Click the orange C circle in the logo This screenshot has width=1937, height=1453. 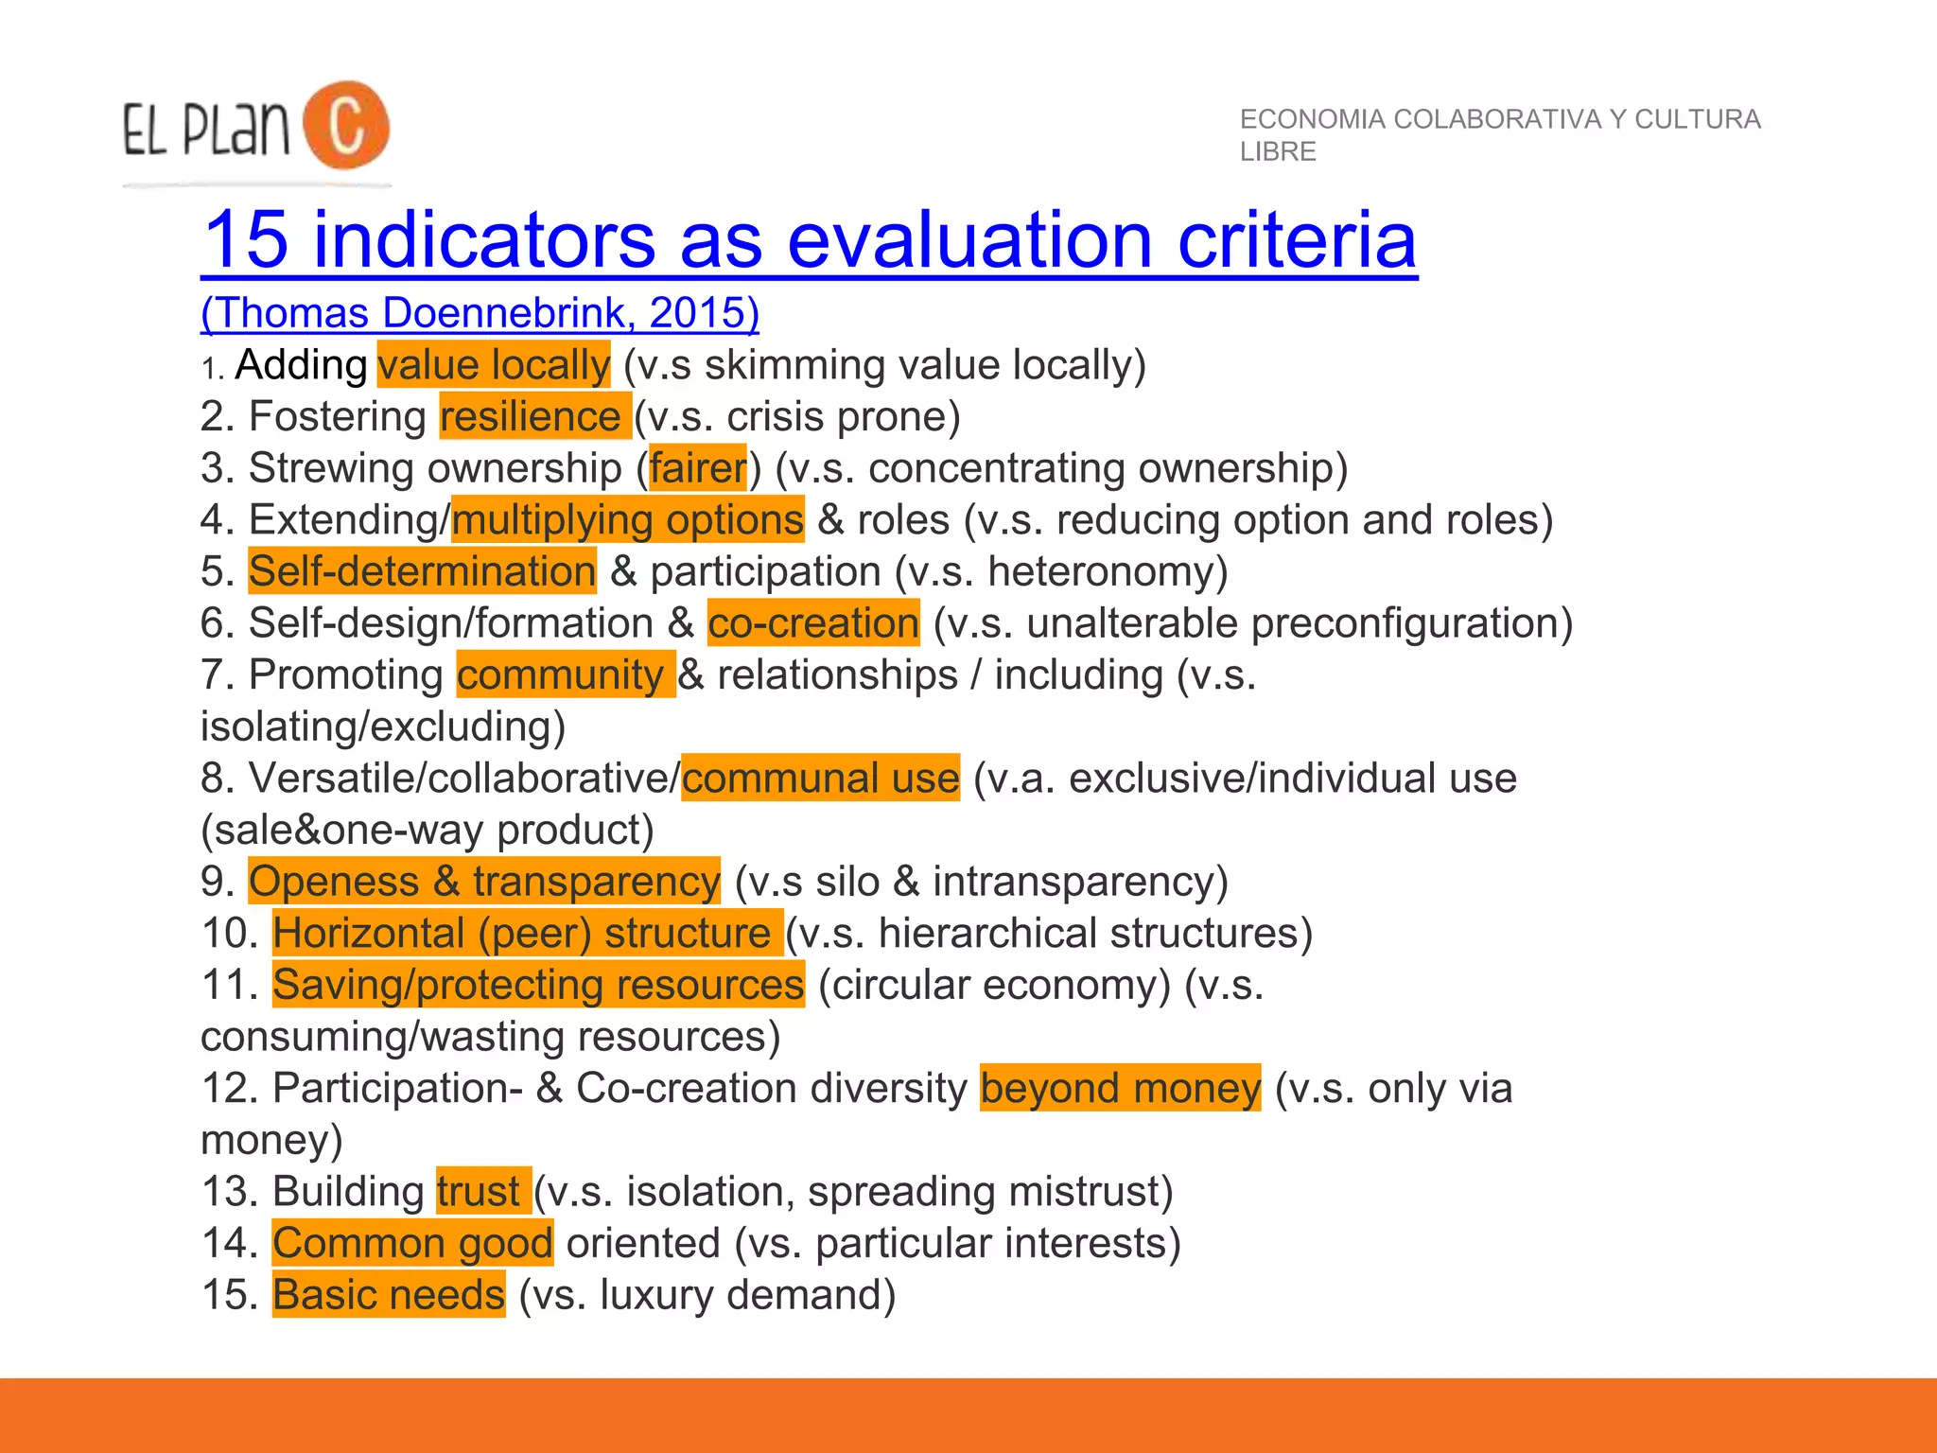[x=346, y=125]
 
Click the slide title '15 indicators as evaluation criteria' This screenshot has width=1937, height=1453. [x=809, y=240]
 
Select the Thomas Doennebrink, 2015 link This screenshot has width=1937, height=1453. [x=480, y=313]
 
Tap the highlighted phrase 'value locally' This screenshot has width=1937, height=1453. [x=493, y=365]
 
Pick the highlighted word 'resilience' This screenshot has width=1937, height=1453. [x=533, y=416]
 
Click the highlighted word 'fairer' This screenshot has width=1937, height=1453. [x=698, y=468]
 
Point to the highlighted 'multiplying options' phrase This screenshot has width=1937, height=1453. [x=627, y=519]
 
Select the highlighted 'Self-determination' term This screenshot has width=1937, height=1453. [x=422, y=571]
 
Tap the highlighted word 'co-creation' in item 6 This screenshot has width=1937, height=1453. [x=812, y=622]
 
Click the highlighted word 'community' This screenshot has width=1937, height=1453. [x=564, y=674]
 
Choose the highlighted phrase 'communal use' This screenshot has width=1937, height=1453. [x=820, y=778]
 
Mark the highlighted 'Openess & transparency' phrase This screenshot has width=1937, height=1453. [x=483, y=881]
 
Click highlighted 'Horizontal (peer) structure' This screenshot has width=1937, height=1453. [x=526, y=933]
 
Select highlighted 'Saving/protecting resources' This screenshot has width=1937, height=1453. [x=538, y=985]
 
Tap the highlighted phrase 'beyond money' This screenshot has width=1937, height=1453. [x=1120, y=1088]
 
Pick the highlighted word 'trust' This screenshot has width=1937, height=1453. [x=481, y=1191]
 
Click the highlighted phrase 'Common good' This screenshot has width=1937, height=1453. [x=412, y=1243]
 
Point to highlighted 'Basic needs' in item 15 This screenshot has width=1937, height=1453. [x=389, y=1294]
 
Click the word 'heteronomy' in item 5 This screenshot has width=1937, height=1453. [x=1106, y=571]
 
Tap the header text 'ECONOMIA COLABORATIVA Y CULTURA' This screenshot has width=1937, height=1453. [x=1499, y=119]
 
